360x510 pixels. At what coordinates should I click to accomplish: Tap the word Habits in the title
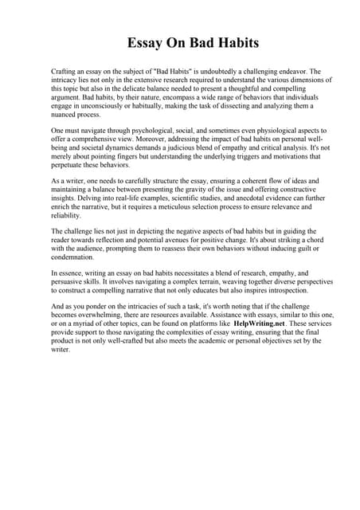tap(231, 42)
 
